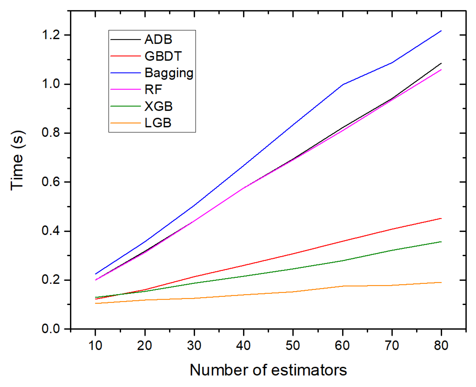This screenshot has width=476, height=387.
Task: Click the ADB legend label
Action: (158, 40)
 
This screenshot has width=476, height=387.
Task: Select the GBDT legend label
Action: (163, 56)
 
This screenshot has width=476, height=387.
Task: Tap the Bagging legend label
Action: (169, 73)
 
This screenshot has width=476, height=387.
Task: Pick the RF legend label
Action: (153, 90)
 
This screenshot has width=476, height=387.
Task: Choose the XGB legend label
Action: (158, 106)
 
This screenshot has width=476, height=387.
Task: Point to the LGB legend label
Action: (158, 123)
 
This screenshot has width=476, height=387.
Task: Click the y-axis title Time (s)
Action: (17, 160)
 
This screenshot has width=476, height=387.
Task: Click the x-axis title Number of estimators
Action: (268, 370)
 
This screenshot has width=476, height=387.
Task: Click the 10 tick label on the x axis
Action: (95, 345)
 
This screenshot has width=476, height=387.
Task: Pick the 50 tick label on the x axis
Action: (293, 345)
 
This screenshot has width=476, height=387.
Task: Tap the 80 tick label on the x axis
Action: (441, 345)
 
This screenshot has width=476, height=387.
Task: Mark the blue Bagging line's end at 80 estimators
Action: (441, 31)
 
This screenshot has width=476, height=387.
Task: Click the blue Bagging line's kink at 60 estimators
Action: (342, 84)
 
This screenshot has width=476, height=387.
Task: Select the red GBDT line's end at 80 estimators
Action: (441, 218)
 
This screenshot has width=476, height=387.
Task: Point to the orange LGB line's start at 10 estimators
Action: (96, 303)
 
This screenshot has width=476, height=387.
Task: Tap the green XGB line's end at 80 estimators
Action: (441, 242)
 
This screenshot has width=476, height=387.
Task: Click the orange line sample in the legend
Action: (125, 123)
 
